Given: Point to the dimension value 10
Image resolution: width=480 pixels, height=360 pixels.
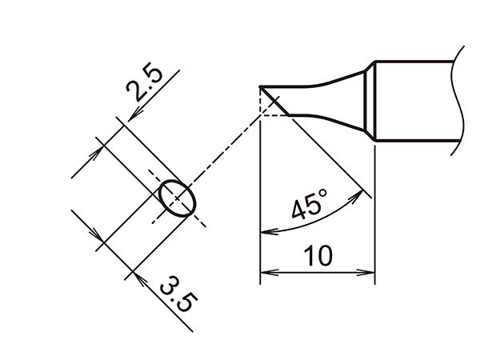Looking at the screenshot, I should (x=318, y=257).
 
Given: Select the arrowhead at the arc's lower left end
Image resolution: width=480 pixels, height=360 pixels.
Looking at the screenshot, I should (x=266, y=233).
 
